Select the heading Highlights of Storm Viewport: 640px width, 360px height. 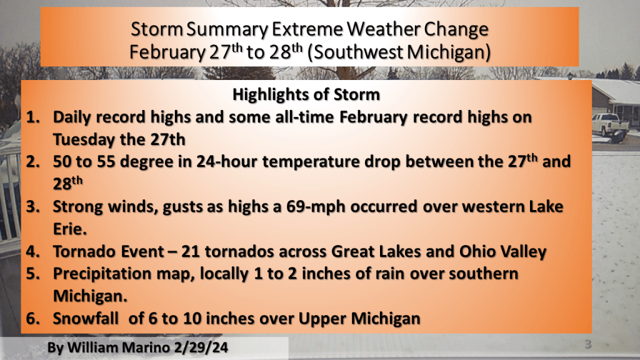(306, 95)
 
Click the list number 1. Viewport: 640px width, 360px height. (33, 117)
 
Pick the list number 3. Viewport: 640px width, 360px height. (33, 207)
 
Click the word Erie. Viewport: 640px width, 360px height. (70, 229)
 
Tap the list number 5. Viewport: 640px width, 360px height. (33, 274)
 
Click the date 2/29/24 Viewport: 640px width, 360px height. (201, 347)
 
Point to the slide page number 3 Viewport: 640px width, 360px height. (587, 344)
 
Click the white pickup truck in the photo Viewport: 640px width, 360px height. (610, 125)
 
